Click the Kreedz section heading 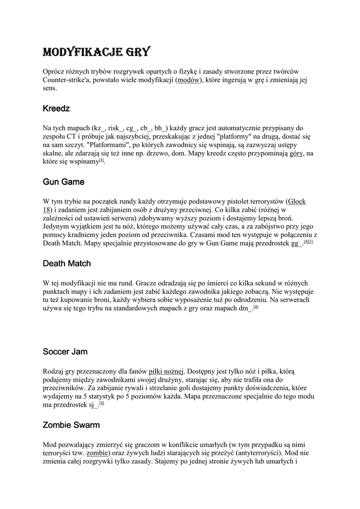[56, 108]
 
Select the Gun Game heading [63, 182]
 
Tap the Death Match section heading [67, 263]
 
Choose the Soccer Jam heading [65, 351]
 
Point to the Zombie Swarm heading [71, 425]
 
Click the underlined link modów [188, 80]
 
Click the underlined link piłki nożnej [166, 370]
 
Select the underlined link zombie [96, 453]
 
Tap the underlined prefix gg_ [296, 244]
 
